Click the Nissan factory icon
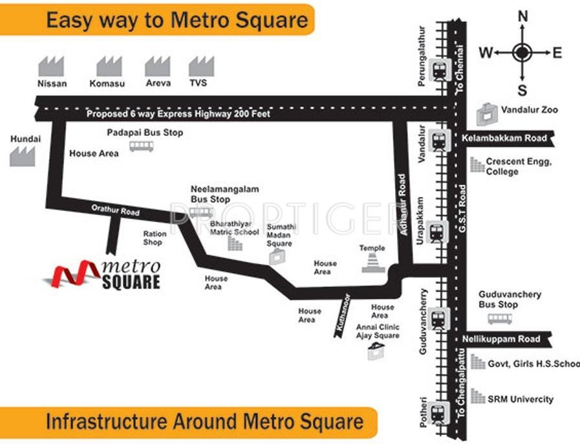pyautogui.click(x=52, y=66)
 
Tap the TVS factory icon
pyautogui.click(x=201, y=66)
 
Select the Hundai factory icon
pyautogui.click(x=23, y=156)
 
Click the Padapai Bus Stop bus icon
pyautogui.click(x=142, y=146)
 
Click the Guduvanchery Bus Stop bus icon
pyautogui.click(x=500, y=319)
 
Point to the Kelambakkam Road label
pyautogui.click(x=504, y=138)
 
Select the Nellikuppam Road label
pyautogui.click(x=501, y=339)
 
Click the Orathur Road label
pyautogui.click(x=115, y=210)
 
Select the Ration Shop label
pyautogui.click(x=155, y=238)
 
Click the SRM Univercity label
pyautogui.click(x=521, y=399)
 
